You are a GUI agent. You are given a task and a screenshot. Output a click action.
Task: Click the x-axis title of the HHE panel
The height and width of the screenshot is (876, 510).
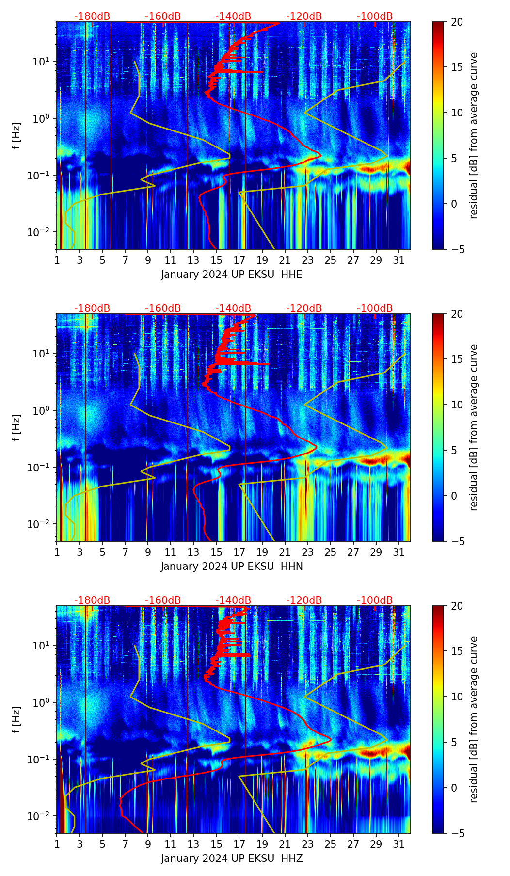[232, 275]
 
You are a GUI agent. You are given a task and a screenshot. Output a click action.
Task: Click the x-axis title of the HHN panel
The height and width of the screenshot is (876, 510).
[232, 567]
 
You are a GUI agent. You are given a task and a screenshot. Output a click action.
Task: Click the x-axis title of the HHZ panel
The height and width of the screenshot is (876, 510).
[232, 859]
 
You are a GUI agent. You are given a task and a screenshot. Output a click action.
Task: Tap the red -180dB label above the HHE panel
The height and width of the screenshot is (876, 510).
[92, 16]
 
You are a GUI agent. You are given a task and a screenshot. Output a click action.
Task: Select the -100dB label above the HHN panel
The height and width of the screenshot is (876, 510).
[375, 308]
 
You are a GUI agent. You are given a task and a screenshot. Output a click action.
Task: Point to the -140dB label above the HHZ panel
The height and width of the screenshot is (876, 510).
[233, 600]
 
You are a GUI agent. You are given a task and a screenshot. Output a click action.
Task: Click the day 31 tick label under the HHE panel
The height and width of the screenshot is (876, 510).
[398, 260]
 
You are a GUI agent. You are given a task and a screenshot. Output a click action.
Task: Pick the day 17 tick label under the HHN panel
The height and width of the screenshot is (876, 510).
[239, 552]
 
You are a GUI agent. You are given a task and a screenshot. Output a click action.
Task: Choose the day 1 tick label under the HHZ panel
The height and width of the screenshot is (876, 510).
[57, 844]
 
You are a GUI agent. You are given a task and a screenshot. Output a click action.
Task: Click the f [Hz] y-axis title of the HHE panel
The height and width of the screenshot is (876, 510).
[16, 136]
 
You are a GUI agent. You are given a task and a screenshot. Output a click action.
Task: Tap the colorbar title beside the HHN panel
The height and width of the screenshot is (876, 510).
[474, 427]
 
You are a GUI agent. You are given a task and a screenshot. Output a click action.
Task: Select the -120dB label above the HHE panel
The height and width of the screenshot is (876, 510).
[304, 16]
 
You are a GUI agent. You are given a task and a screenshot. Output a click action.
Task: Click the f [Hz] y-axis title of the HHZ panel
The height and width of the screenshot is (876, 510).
[16, 720]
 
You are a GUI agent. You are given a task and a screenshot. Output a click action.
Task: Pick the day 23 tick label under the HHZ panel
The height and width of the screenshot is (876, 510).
[307, 844]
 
